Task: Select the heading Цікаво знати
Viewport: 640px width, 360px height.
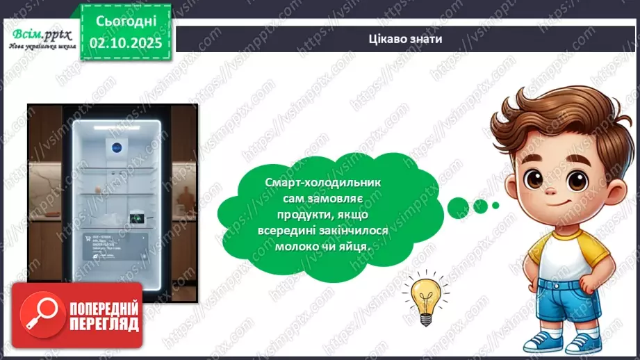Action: click(x=406, y=39)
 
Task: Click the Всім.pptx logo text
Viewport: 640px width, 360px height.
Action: click(x=38, y=34)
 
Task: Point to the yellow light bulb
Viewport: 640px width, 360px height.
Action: click(x=422, y=296)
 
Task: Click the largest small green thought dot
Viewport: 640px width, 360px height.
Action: click(x=459, y=205)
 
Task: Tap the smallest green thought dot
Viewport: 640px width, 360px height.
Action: click(x=495, y=205)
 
